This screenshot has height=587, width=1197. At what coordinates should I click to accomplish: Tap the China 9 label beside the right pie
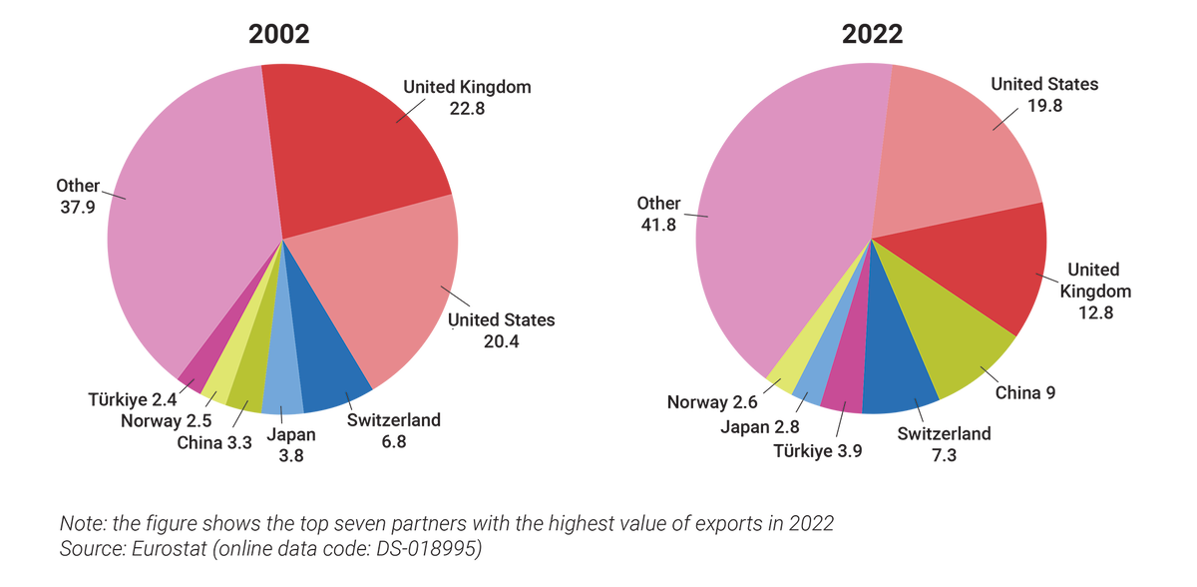(1024, 392)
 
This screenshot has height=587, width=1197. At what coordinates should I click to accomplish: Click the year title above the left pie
(279, 34)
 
